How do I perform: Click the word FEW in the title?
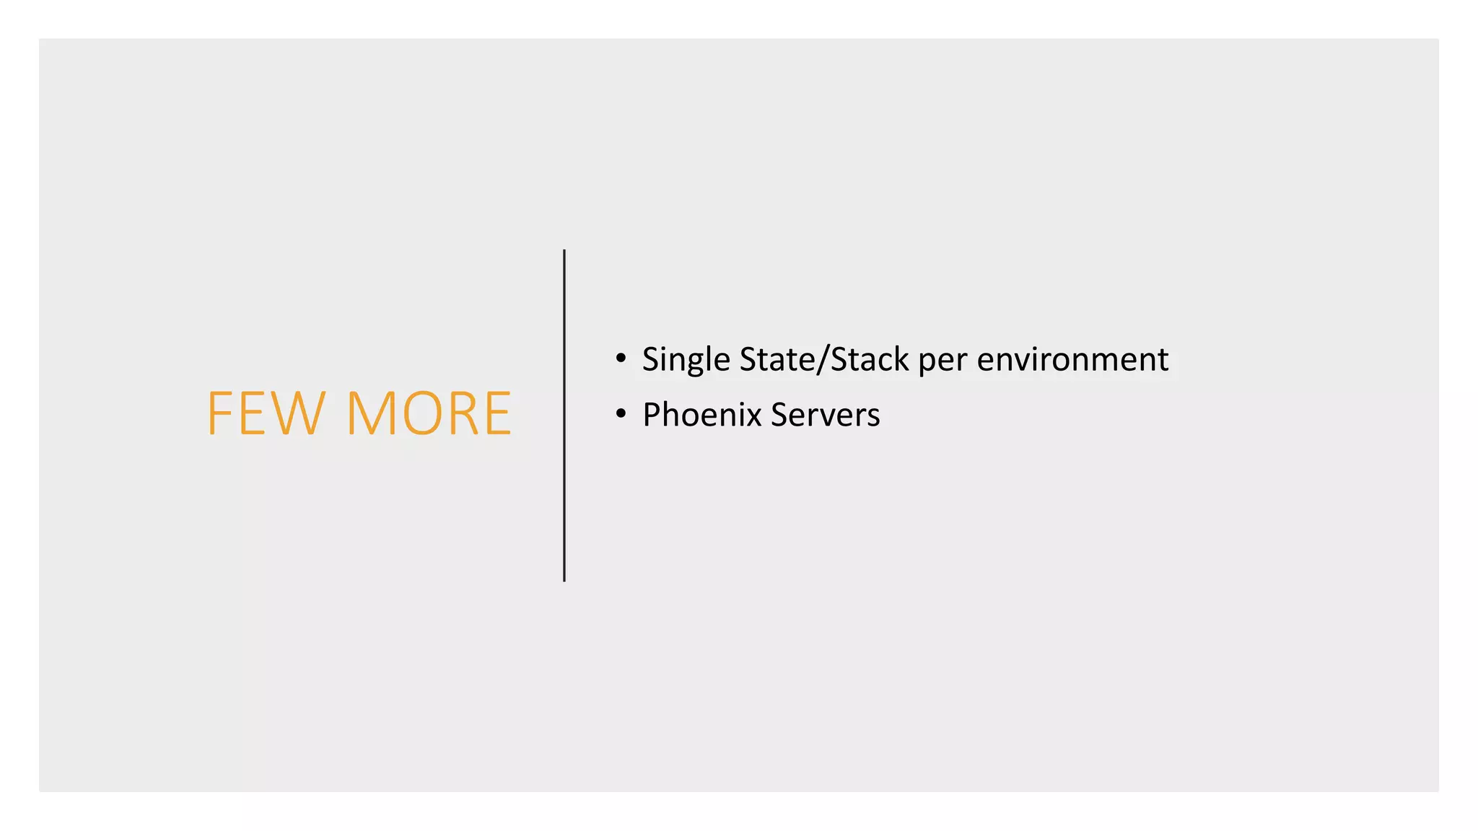(x=266, y=413)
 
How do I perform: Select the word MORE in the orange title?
(x=429, y=413)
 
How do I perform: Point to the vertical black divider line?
(x=564, y=415)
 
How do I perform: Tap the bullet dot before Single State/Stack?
(x=621, y=359)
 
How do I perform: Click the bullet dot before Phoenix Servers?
(x=621, y=414)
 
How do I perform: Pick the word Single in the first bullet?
(x=686, y=359)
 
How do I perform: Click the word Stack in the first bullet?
(x=870, y=359)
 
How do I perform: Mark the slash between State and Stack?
(x=823, y=359)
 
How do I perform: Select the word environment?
(x=1072, y=359)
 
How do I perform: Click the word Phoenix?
(x=701, y=415)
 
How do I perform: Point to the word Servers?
(x=825, y=415)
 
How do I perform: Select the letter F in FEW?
(x=218, y=413)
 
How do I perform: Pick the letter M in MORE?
(x=372, y=413)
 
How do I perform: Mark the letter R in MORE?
(x=463, y=413)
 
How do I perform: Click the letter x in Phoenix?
(x=753, y=416)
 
